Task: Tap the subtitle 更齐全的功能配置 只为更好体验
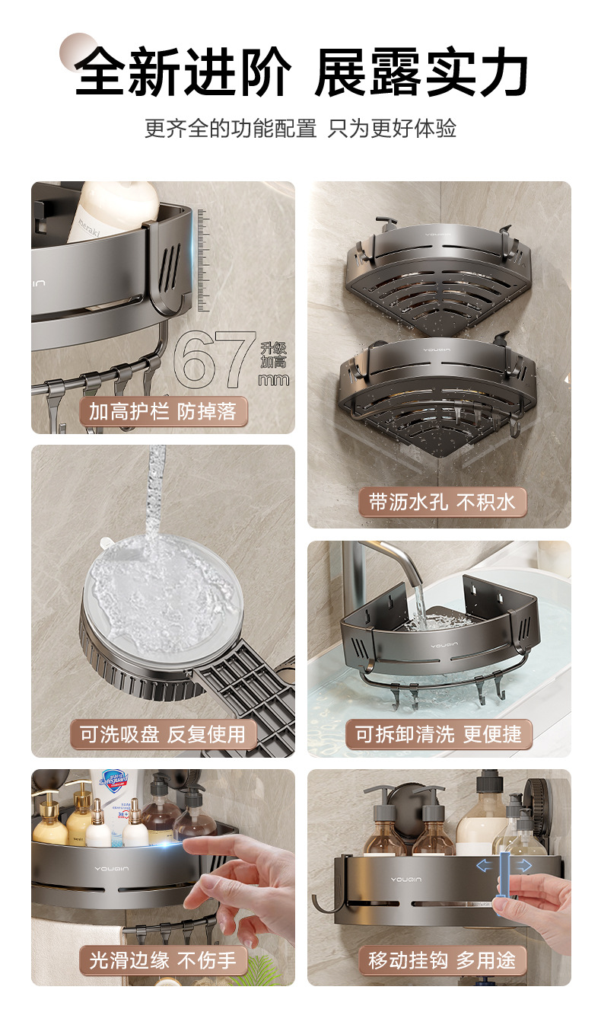[x=300, y=128]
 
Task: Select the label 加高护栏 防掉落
[x=163, y=411]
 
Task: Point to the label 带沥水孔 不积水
[x=443, y=502]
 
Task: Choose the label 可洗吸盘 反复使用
[x=163, y=734]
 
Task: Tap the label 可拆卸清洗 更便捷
[x=439, y=734]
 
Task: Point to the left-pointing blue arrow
[x=485, y=865]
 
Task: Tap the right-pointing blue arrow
[x=523, y=865]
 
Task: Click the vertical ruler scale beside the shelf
[x=204, y=261]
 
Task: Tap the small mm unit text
[x=274, y=379]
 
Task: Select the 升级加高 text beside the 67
[x=274, y=356]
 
